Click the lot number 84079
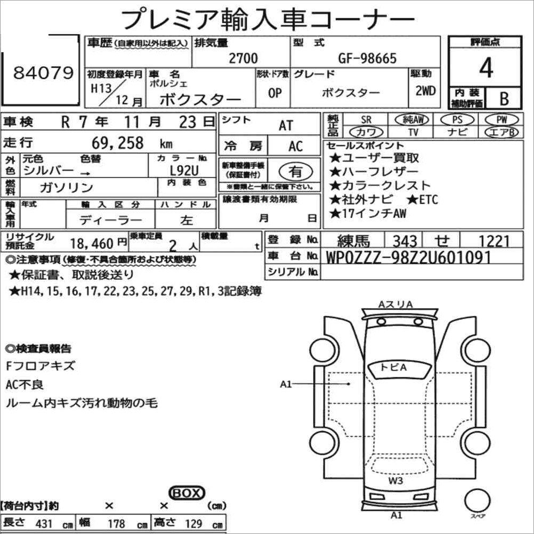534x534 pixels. (43, 72)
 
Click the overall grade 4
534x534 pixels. (486, 68)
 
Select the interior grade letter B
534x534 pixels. (504, 99)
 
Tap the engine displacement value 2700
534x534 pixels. (243, 58)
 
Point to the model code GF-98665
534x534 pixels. (367, 58)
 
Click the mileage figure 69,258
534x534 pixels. (117, 143)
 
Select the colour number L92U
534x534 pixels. (184, 170)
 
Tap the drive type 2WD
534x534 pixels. (425, 91)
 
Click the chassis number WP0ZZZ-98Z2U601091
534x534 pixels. (408, 257)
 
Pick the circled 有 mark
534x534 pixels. (296, 172)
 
